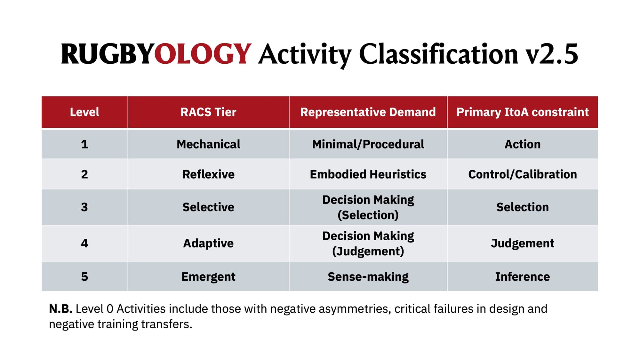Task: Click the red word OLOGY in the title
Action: [203, 54]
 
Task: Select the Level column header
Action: [84, 112]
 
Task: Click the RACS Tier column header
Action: [208, 112]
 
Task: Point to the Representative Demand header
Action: [368, 112]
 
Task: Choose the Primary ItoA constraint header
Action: [523, 112]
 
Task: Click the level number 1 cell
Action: [84, 144]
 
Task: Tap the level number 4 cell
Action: [84, 243]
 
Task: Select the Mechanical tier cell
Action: [208, 144]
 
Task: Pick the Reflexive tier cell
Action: [208, 174]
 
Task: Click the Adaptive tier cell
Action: [208, 243]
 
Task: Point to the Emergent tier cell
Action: [208, 277]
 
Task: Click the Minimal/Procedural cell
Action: [368, 144]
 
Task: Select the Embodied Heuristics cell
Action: [368, 174]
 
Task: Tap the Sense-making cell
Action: [368, 277]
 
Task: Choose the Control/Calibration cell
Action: [523, 174]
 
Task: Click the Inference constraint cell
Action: [523, 277]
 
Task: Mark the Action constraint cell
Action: [523, 144]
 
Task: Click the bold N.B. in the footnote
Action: [60, 309]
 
